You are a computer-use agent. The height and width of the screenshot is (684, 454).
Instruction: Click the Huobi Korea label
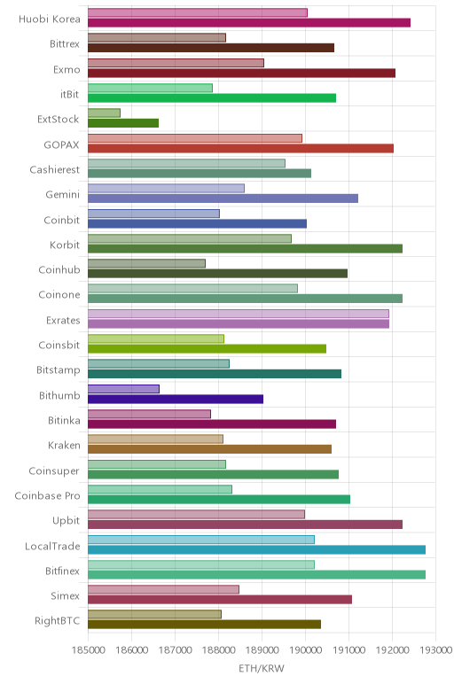click(x=50, y=19)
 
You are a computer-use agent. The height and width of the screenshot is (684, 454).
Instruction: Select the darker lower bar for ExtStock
click(x=123, y=123)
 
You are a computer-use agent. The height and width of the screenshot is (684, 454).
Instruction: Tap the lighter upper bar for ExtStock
click(x=104, y=113)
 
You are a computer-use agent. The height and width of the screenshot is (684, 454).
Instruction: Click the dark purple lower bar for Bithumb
click(x=176, y=399)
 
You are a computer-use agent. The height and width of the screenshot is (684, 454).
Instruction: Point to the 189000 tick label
click(x=262, y=650)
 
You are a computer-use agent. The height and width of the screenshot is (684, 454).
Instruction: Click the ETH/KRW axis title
click(x=262, y=668)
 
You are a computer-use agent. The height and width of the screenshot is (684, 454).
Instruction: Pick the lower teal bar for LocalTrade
click(x=256, y=549)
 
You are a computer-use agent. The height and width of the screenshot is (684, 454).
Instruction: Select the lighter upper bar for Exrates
click(x=239, y=314)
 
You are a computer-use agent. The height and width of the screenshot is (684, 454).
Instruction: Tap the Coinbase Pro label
click(x=47, y=496)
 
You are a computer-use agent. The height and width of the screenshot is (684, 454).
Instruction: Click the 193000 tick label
click(x=435, y=650)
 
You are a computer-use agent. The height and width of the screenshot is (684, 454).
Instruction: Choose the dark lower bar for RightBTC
click(x=204, y=625)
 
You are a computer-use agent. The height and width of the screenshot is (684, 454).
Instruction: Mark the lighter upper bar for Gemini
click(x=166, y=189)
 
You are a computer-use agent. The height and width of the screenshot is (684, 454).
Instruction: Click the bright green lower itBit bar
click(x=212, y=98)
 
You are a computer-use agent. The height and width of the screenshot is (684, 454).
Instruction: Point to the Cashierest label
click(x=55, y=170)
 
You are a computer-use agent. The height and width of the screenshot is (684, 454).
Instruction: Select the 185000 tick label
click(x=88, y=650)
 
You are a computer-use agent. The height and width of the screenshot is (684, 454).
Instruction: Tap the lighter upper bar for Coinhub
click(x=146, y=263)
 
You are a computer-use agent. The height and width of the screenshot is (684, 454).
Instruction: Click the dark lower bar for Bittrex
click(x=211, y=48)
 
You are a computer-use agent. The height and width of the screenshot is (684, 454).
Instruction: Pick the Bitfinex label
click(x=62, y=571)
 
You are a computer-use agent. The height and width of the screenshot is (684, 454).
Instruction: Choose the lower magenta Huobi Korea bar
click(x=249, y=23)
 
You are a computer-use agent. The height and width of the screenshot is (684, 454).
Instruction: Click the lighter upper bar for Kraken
click(x=155, y=439)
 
